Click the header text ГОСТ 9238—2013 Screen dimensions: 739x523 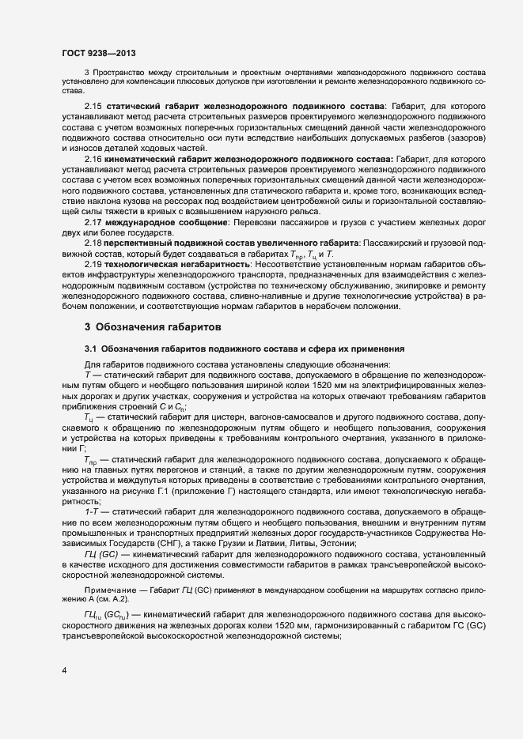(98, 53)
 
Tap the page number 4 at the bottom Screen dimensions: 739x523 (63, 671)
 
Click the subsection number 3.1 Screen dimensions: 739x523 (91, 348)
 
